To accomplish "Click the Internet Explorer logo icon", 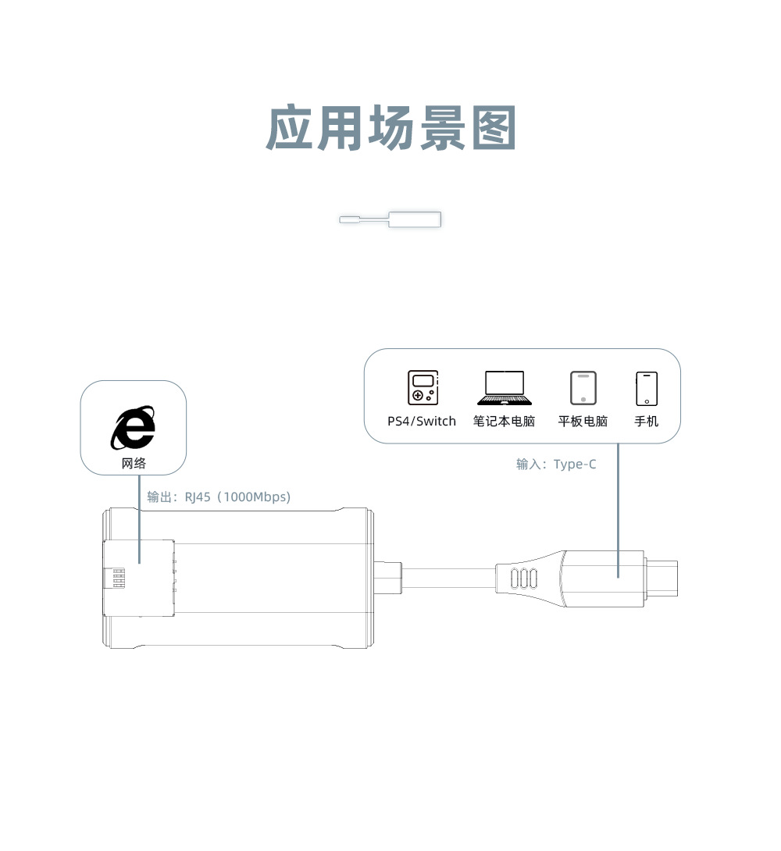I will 133,428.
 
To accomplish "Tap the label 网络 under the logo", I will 134,464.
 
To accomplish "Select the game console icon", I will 423,388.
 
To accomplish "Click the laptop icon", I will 505,388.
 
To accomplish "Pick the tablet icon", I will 583,388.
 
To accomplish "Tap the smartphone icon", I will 646,388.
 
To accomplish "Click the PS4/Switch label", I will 422,422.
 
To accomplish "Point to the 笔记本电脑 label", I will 505,422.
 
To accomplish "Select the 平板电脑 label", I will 583,422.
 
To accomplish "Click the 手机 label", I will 646,422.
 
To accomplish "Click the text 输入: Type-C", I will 556,465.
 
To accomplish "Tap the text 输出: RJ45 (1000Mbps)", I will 219,497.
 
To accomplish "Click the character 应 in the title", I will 290,129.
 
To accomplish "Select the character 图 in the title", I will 494,129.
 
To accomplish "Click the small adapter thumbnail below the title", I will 391,219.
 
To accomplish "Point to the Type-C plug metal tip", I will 664,579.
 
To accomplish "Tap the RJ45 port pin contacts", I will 119,579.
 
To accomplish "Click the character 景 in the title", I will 442,129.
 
